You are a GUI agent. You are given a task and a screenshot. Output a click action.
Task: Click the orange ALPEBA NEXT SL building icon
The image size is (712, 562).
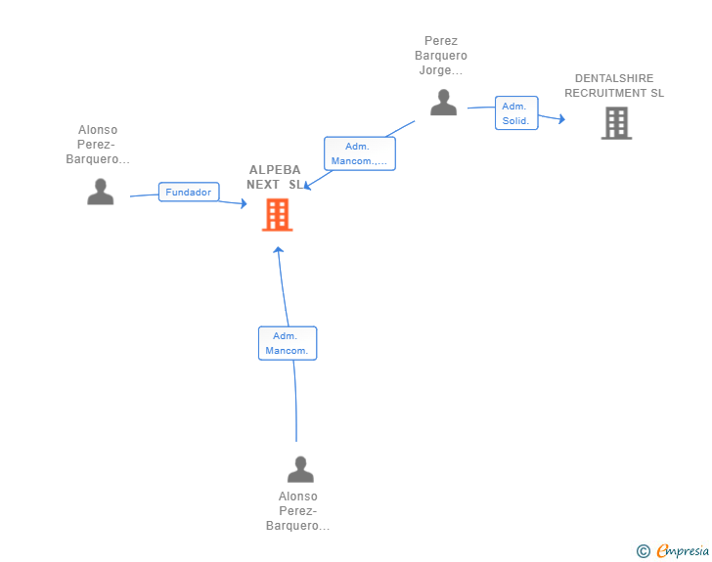pos(277,215)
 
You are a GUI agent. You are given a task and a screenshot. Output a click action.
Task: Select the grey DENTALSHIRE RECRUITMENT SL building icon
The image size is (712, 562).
pos(616,123)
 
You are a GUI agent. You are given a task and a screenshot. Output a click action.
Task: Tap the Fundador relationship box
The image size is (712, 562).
pos(189,192)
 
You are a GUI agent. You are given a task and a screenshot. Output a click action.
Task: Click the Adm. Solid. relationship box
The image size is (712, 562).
pos(516,113)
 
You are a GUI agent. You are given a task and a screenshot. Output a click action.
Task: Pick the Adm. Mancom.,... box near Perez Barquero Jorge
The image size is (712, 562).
pos(360,153)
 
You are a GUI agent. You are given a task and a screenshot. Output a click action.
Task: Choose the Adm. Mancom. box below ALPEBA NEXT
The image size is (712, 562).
pos(288,343)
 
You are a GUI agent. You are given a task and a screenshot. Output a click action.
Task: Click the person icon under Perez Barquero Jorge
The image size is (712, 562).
pos(443,103)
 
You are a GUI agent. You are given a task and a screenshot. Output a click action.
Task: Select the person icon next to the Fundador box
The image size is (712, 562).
pos(101,192)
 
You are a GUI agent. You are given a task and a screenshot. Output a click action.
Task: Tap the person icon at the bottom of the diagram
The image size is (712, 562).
pos(300,469)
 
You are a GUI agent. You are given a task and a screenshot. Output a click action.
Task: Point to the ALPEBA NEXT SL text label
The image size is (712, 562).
pos(275,177)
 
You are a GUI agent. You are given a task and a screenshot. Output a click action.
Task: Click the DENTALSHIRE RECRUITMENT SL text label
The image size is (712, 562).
pos(614,85)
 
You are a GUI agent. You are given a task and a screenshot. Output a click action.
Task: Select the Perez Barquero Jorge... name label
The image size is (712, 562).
pos(441,56)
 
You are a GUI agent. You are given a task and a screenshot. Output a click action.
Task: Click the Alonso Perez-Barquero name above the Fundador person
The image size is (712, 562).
pos(98,145)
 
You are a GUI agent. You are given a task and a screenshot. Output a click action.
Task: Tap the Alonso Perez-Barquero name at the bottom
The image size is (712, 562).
pos(298,511)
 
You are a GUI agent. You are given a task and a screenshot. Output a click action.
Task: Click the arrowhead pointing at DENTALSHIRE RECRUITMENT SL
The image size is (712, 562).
pos(562,119)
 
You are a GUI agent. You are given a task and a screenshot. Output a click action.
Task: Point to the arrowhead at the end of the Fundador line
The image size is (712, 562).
pos(244,203)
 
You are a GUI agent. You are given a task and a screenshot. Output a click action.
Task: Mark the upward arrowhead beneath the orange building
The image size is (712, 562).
pos(279,249)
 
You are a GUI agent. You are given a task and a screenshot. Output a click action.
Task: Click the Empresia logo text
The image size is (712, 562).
pos(683,550)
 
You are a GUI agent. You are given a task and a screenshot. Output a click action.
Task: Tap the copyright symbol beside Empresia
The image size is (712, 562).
pos(643,551)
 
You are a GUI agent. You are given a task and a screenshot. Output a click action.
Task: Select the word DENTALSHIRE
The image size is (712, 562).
pos(614,78)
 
